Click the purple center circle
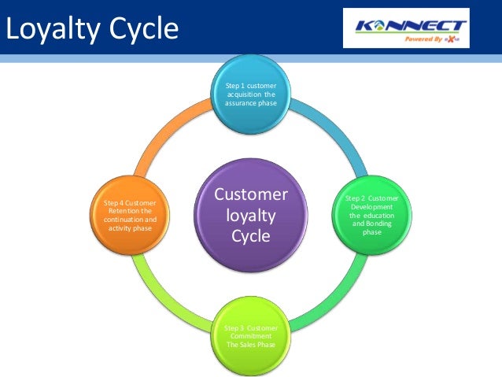click(x=251, y=214)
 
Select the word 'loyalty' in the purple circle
click(x=251, y=214)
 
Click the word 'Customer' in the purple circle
click(x=251, y=194)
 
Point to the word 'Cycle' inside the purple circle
click(x=251, y=235)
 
